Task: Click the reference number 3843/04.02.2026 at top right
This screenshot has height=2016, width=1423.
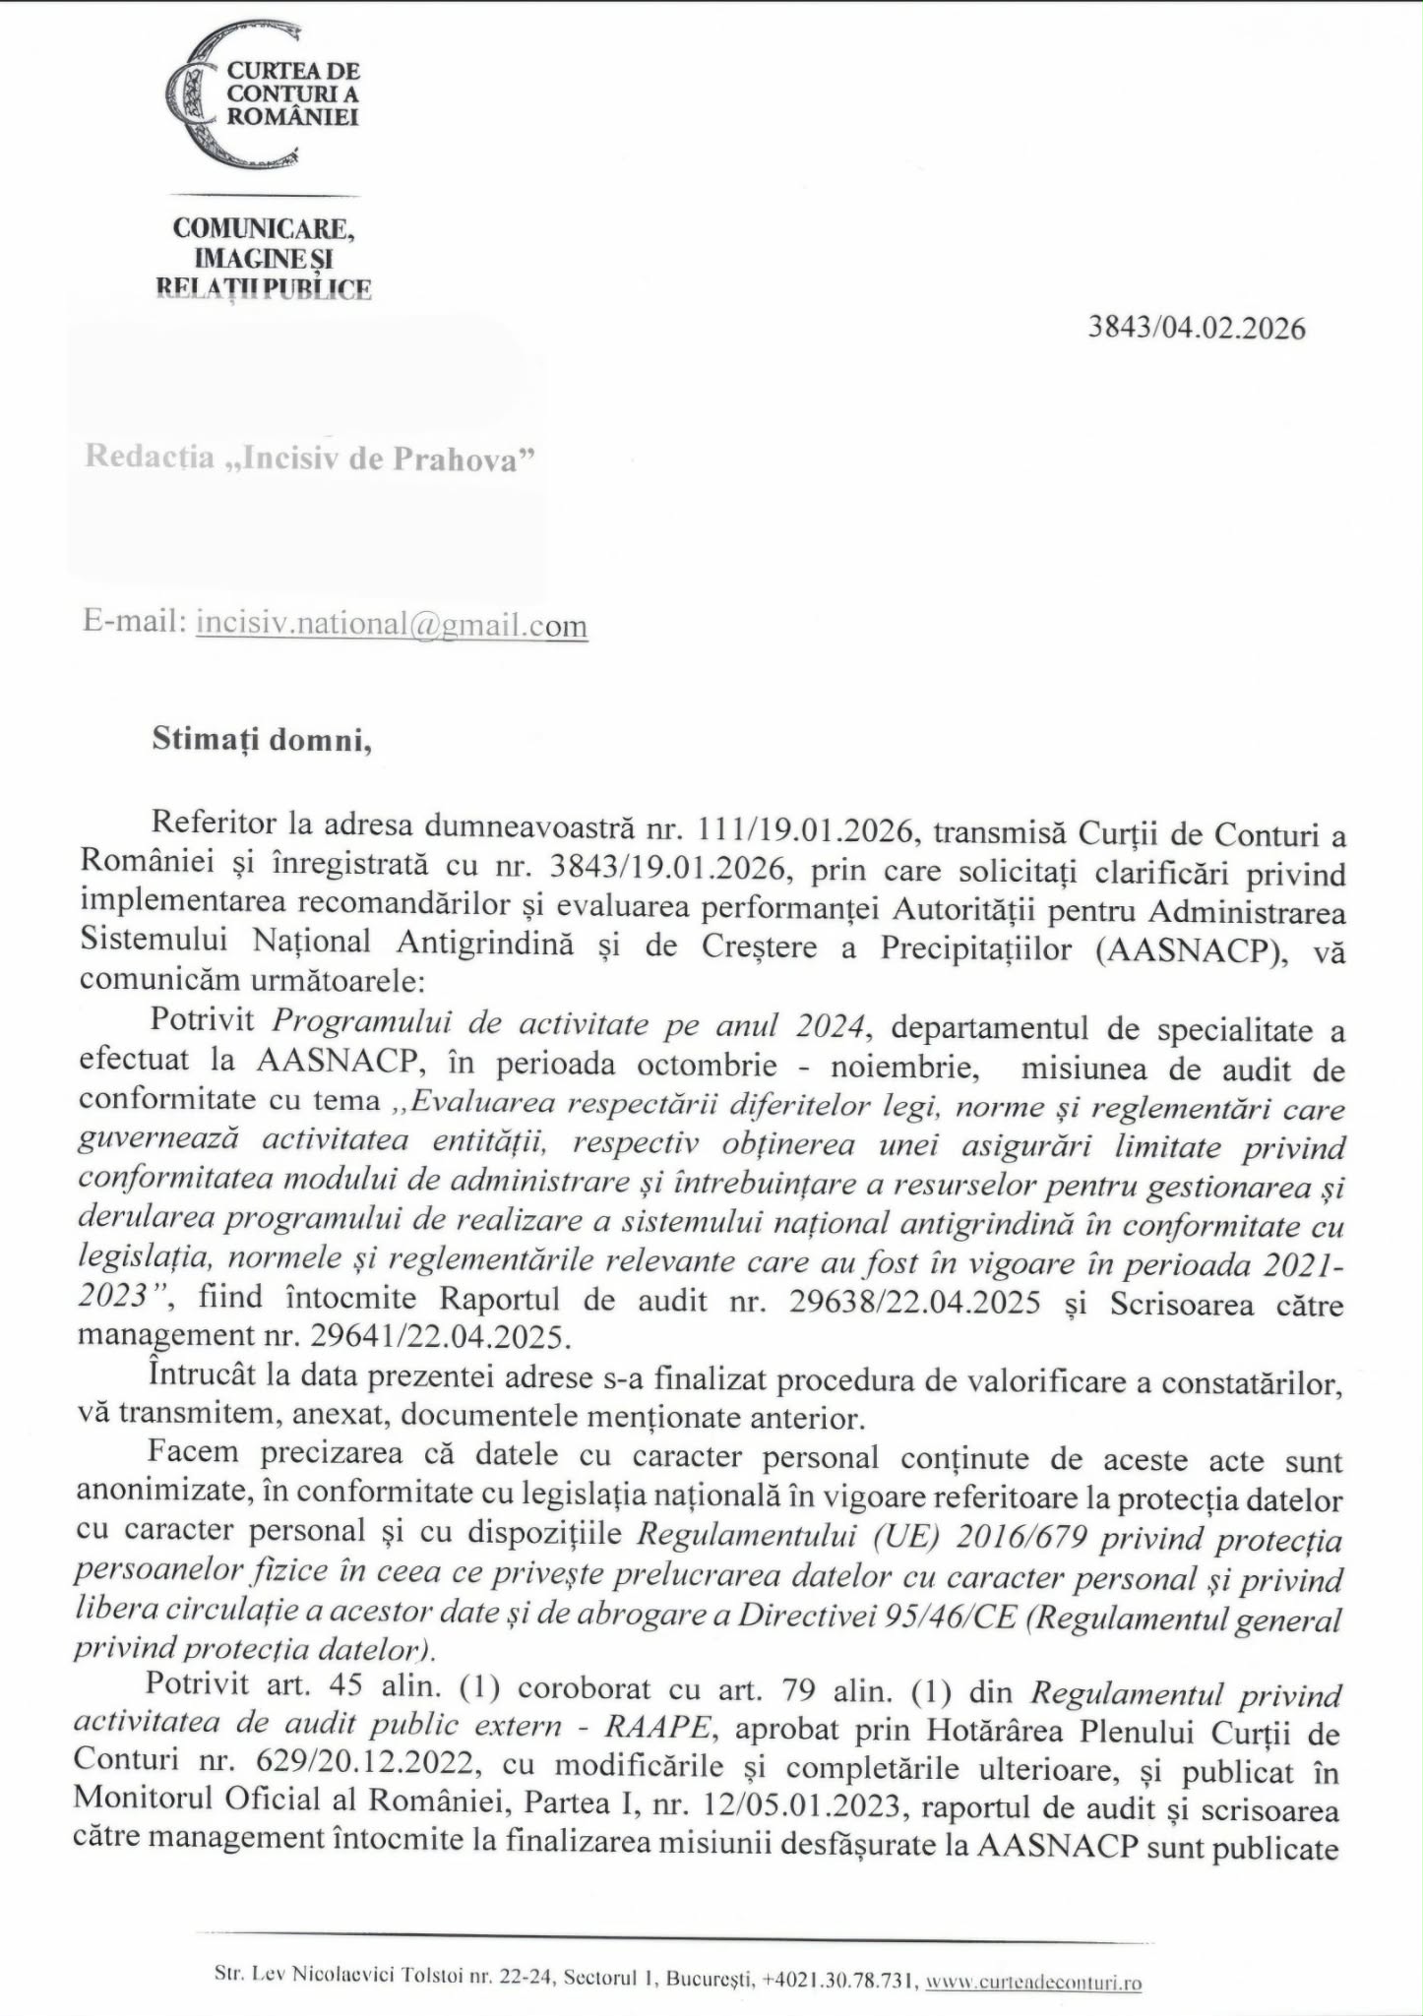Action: point(1196,328)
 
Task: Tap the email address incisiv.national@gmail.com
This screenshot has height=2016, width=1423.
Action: point(392,624)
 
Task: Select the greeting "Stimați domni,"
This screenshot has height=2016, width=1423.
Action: point(262,740)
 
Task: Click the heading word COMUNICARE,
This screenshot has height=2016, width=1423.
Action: point(264,228)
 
